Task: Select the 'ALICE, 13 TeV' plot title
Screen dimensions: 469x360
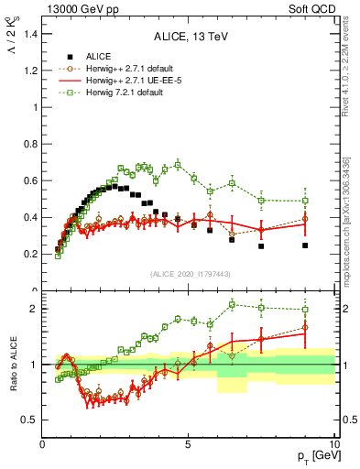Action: pyautogui.click(x=190, y=37)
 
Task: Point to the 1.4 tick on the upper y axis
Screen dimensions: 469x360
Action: pyautogui.click(x=30, y=34)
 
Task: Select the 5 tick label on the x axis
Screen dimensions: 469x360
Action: pyautogui.click(x=188, y=443)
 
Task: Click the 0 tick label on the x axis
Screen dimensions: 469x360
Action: pyautogui.click(x=43, y=443)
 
